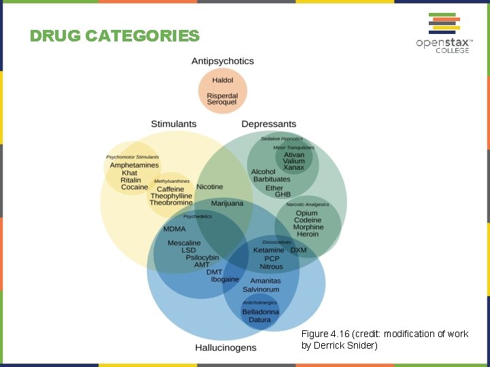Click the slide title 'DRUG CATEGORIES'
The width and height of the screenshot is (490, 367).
click(x=114, y=35)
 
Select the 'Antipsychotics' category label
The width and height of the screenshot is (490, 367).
click(x=223, y=61)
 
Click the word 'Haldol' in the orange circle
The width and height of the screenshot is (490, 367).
click(x=223, y=81)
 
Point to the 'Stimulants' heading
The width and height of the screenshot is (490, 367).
click(x=174, y=124)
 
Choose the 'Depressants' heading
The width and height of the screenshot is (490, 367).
click(x=269, y=124)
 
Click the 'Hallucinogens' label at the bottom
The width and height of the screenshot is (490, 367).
click(x=226, y=348)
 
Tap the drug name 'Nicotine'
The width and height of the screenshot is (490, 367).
click(x=210, y=187)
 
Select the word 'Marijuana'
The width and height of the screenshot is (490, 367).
click(x=227, y=203)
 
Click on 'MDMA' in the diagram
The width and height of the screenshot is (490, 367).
click(x=174, y=229)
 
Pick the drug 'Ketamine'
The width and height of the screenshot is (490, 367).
click(x=269, y=250)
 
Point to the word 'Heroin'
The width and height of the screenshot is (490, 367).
click(x=308, y=234)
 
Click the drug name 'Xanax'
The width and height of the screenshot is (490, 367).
click(x=294, y=168)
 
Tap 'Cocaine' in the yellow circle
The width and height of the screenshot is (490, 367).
click(x=134, y=188)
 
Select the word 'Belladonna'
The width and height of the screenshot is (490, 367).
click(x=260, y=312)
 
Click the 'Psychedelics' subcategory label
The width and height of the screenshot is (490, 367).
click(x=197, y=216)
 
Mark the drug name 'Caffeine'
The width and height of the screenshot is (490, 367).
click(x=171, y=189)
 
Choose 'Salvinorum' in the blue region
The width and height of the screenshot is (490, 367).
click(x=261, y=290)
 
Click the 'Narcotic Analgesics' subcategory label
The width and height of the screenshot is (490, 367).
click(x=308, y=205)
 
